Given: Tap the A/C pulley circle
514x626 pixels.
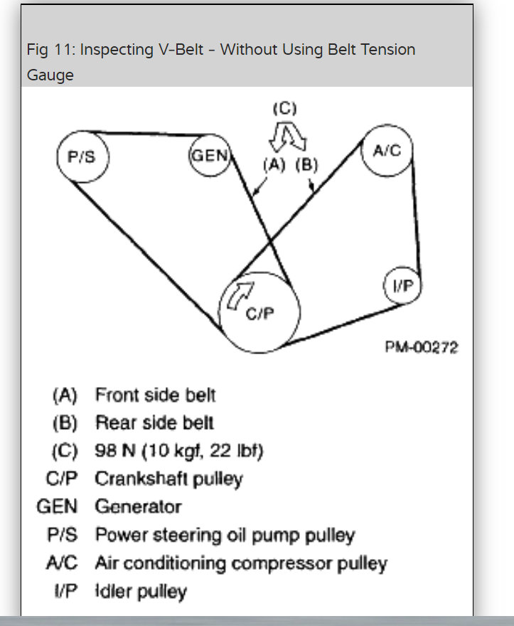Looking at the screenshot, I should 386,149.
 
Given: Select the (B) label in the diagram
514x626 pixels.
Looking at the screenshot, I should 306,164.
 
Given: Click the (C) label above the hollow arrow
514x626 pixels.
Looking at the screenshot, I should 284,109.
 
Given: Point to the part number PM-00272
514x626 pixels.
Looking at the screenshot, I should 422,348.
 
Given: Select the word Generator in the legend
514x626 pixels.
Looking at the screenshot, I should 138,507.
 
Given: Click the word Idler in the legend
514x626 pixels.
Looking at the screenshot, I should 111,591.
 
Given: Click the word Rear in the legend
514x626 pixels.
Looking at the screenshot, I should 113,423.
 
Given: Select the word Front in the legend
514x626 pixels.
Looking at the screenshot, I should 116,394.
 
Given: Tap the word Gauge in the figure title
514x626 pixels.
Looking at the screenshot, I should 50,74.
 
